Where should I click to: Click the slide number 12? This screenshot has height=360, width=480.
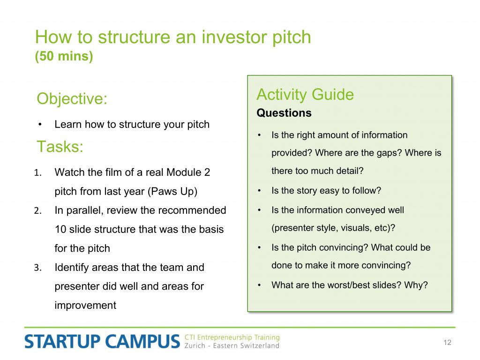coord(447,343)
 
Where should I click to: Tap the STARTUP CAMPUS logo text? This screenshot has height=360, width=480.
coord(102,341)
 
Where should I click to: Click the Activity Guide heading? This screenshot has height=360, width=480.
coord(305,94)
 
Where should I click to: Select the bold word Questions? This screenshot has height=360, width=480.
coord(284,113)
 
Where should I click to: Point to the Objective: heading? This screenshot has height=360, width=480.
coord(72,99)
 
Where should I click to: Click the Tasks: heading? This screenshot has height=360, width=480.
coord(60,146)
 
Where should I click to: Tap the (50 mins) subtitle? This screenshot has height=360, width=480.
coord(64,56)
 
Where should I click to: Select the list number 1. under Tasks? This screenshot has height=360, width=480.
coord(38,172)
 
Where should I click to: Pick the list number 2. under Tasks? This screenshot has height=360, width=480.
coord(38,210)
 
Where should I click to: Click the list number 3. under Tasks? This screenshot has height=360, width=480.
coord(38,268)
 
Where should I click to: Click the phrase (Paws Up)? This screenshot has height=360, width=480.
coord(172,192)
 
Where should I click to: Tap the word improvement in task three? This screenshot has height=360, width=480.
coord(85,305)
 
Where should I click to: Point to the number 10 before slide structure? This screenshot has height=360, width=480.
coord(60,229)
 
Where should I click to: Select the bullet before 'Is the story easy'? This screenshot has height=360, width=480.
coord(259,191)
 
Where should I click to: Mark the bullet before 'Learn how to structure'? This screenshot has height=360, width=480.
coord(40,125)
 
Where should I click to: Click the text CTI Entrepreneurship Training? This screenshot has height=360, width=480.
coord(232,337)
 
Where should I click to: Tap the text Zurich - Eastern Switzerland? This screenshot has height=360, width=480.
coord(232,345)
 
